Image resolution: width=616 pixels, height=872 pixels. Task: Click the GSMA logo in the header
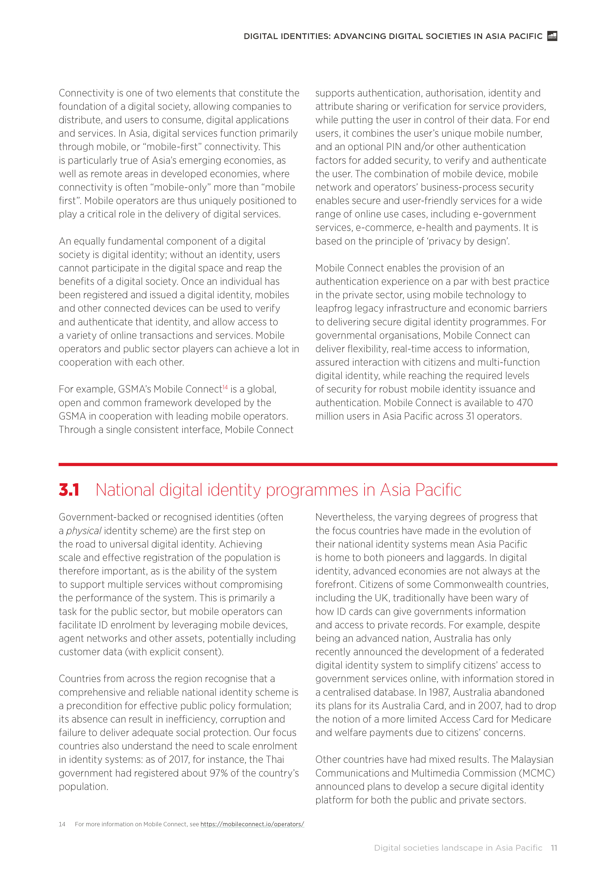coord(552,36)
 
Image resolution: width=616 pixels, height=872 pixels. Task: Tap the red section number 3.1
coord(69,490)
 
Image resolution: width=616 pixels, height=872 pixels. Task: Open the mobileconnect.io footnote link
coord(252,824)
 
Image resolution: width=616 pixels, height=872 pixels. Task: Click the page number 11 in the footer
coord(554,848)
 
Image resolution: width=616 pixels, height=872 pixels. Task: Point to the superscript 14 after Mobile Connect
coord(225,387)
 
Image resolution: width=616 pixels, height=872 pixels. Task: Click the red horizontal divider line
coord(308,464)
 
